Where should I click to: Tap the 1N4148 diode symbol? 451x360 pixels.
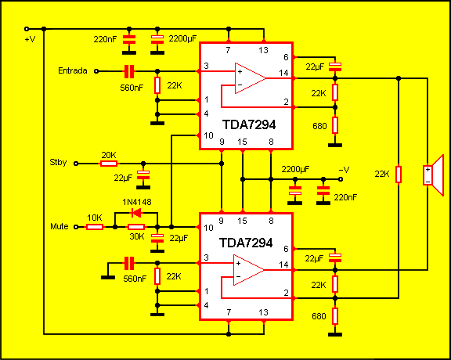click(136, 213)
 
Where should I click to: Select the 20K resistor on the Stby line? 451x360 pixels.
click(109, 164)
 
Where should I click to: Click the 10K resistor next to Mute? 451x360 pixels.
click(94, 227)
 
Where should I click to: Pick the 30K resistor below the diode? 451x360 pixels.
click(136, 227)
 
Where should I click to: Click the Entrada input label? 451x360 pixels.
click(72, 70)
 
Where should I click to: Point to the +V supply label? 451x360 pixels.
click(30, 38)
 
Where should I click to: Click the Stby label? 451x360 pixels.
click(59, 164)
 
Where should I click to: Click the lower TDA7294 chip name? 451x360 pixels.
click(247, 243)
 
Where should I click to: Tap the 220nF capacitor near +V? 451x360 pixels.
click(130, 39)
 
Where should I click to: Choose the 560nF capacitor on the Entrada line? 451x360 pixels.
click(130, 70)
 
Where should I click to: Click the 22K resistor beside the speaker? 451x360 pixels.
click(399, 174)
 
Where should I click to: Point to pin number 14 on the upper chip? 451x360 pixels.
click(283, 74)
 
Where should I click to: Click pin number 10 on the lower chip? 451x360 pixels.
click(207, 228)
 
